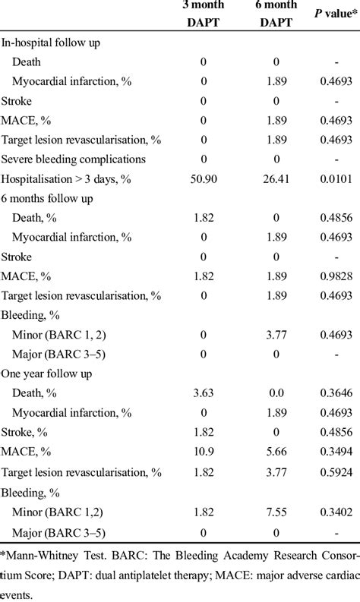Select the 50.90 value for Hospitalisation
point(204,179)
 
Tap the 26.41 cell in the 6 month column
point(276,179)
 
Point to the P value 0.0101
point(336,179)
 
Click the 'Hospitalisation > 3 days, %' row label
point(66,179)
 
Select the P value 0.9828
point(336,276)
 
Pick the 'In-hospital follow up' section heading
point(50,43)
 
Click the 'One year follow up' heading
point(46,373)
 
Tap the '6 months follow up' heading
point(47,198)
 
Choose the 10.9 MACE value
point(204,451)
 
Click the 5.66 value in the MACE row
point(276,451)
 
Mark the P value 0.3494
point(336,451)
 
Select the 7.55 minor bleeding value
point(276,512)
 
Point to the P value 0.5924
point(336,472)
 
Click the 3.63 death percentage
point(204,392)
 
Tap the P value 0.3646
point(336,392)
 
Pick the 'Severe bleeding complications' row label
point(74,159)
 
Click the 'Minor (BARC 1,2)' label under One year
point(58,512)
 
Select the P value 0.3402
point(336,512)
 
